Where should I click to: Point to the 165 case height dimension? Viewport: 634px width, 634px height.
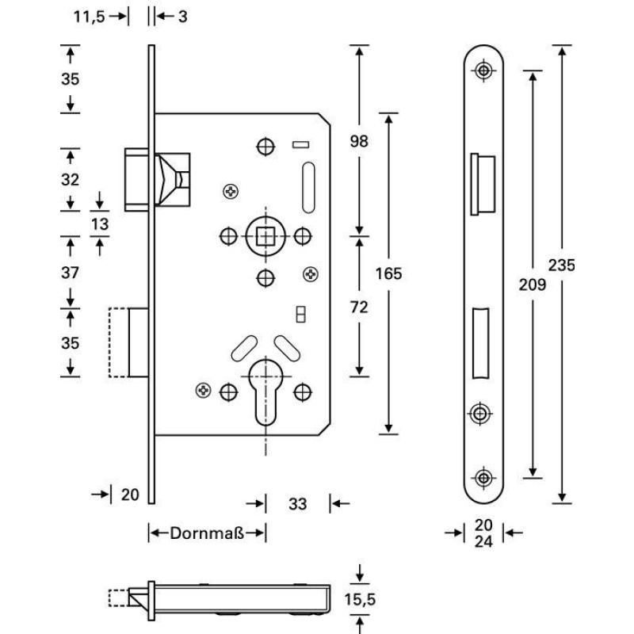click(388, 274)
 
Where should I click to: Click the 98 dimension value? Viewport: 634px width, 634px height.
click(360, 142)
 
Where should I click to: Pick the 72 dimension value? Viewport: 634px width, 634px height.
click(360, 307)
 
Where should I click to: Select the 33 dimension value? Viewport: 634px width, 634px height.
click(297, 503)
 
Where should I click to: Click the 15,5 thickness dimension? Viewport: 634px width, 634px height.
click(361, 600)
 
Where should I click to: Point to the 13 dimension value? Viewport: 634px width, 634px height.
click(99, 224)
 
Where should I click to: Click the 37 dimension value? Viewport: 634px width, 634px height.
click(71, 273)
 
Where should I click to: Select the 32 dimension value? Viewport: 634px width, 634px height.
click(71, 179)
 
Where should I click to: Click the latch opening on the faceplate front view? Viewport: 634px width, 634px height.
click(483, 183)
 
